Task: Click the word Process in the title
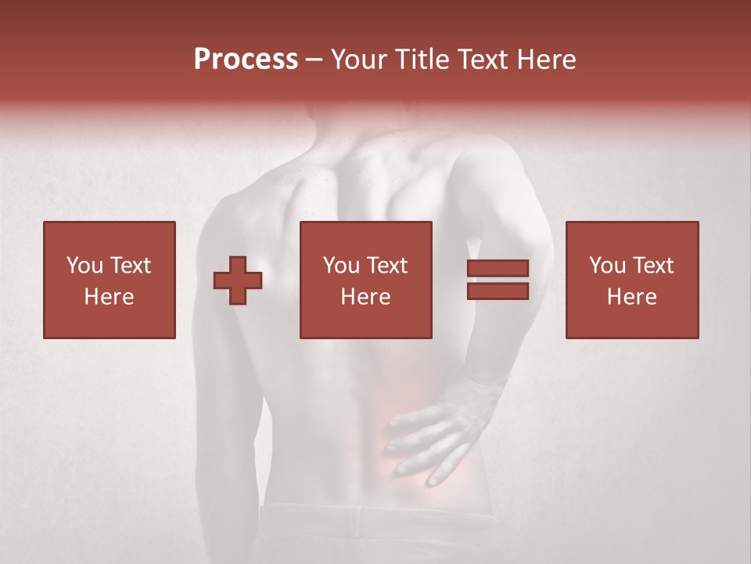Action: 246,60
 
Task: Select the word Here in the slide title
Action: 547,60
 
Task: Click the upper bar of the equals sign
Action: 498,269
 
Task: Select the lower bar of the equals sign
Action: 498,291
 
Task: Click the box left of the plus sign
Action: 110,280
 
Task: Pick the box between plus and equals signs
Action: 365,280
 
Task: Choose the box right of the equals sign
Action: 631,280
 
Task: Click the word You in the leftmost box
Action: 84,266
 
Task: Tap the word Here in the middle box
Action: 365,297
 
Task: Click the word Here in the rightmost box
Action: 631,297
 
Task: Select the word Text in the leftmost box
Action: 130,266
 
